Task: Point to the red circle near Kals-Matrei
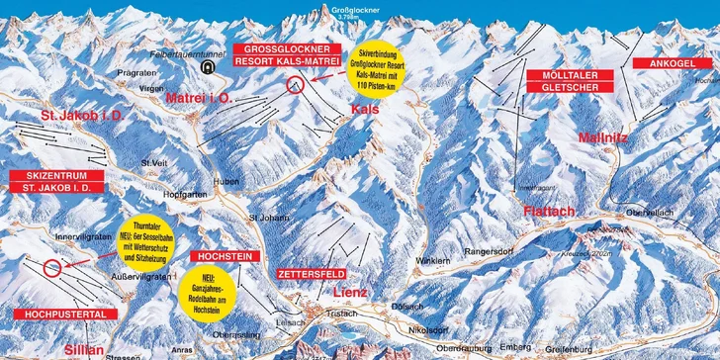pyautogui.click(x=294, y=85)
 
